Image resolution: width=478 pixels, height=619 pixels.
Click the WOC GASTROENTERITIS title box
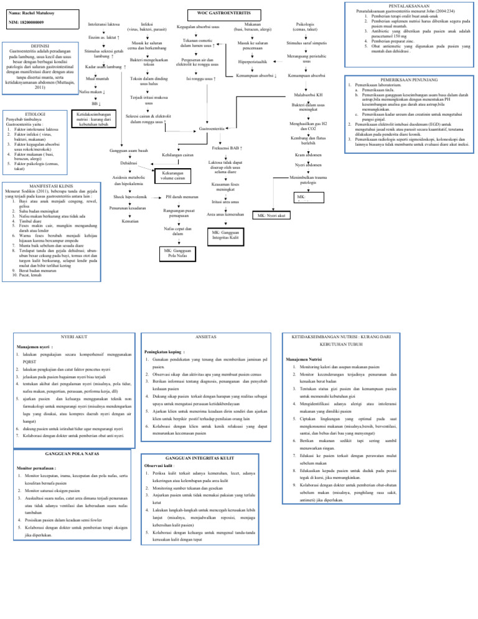click(218, 12)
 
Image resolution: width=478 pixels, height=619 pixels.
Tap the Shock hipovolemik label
click(130, 196)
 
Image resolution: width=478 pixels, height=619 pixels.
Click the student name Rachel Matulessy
click(34, 12)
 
